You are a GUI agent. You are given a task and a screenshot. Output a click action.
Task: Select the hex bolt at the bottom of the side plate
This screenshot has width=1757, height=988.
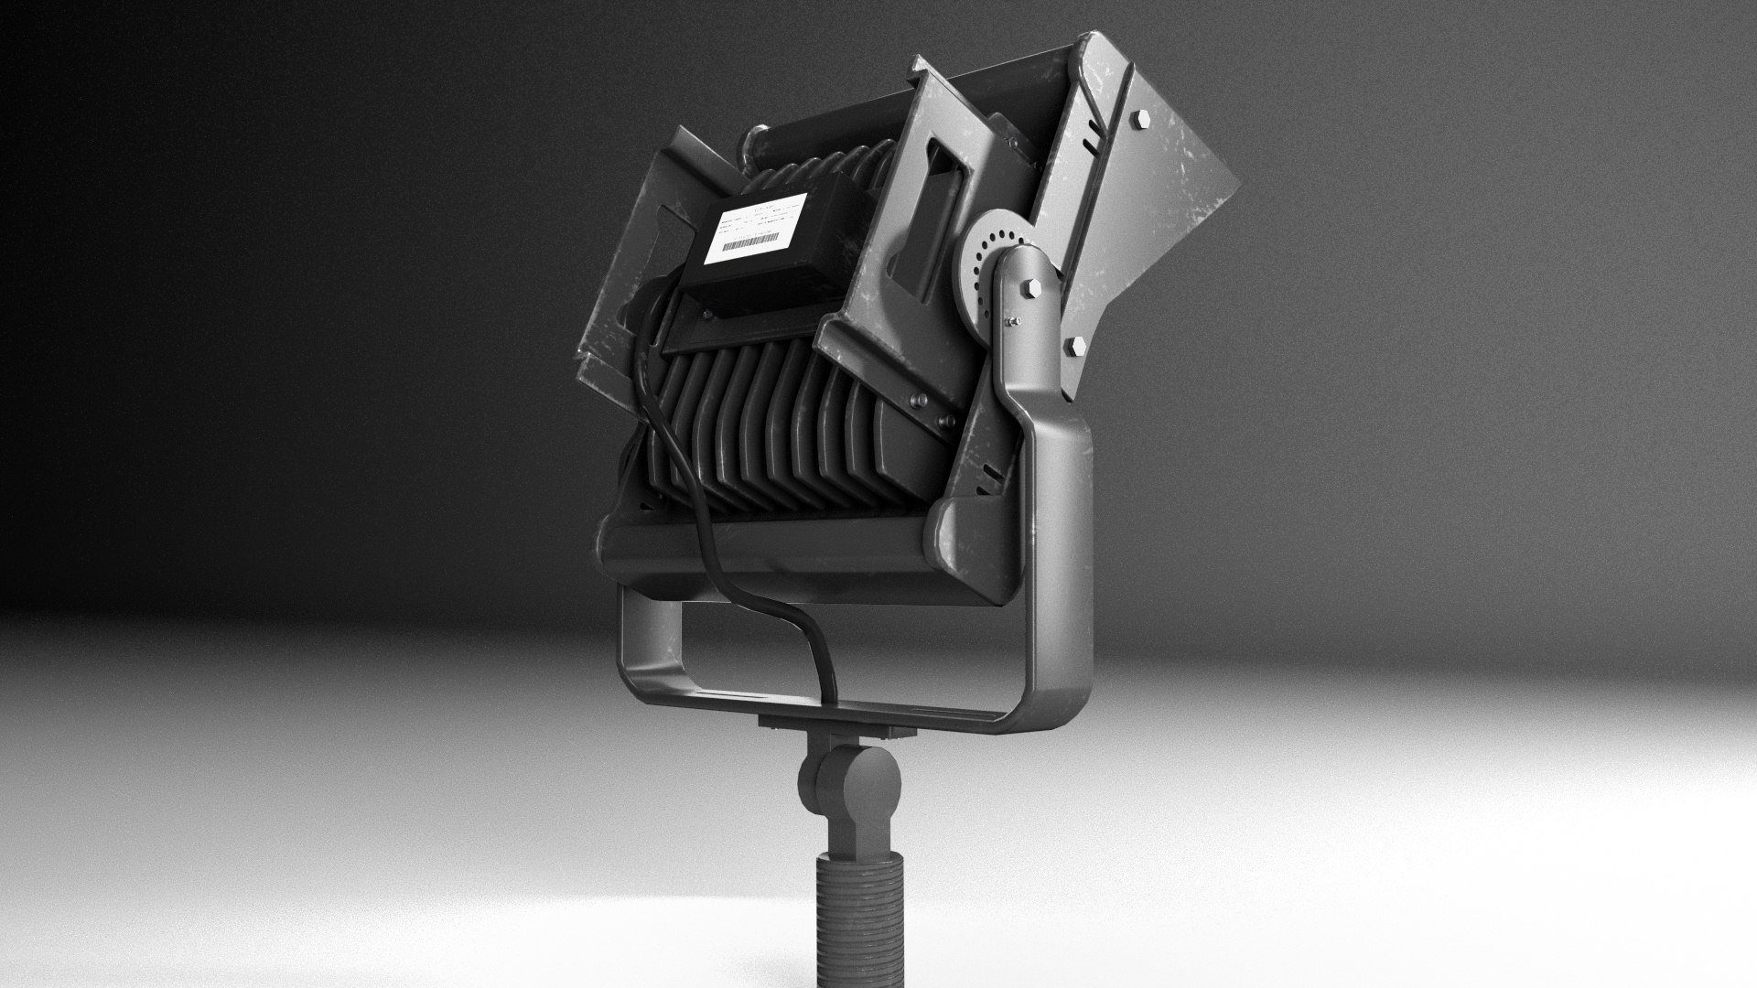pos(1076,347)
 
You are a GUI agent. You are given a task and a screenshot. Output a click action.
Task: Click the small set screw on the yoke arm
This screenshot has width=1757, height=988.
pos(1012,322)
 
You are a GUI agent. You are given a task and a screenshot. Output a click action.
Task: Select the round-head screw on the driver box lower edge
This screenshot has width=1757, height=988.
pos(706,317)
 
